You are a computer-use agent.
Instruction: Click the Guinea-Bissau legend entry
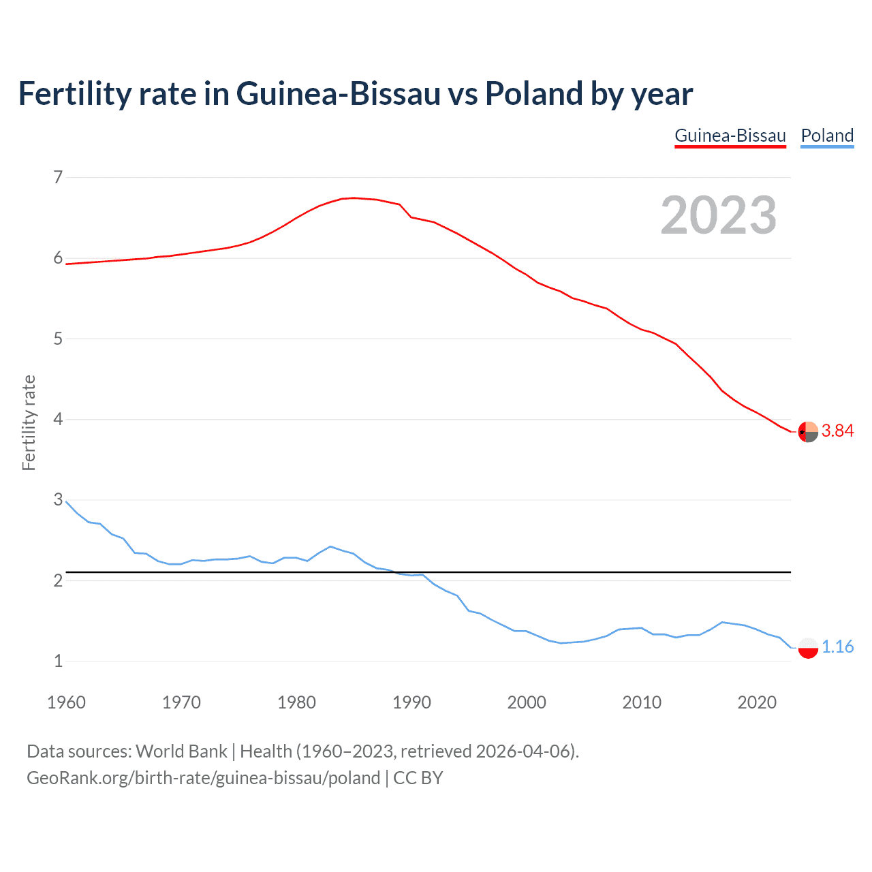pos(730,136)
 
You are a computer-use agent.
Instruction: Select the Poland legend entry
pos(827,136)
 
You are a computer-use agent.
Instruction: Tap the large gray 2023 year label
pos(719,215)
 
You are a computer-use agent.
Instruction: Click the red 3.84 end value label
pos(837,431)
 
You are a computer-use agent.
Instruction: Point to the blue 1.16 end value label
pos(837,647)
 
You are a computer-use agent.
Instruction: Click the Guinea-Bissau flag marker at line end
pos(808,432)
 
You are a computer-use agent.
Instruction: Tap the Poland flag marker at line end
pos(808,647)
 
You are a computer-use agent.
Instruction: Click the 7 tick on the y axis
pos(58,178)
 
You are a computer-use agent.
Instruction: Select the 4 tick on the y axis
pos(58,419)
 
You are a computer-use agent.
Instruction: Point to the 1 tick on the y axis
pos(58,661)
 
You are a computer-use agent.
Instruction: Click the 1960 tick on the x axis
pos(66,702)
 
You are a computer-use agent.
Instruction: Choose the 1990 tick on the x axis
pos(411,702)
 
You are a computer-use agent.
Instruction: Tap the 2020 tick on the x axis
pos(757,702)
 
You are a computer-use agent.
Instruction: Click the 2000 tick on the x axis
pos(527,702)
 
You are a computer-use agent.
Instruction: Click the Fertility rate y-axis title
pos(29,422)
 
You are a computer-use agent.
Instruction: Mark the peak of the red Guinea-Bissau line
pos(353,198)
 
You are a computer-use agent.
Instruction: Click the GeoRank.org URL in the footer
pos(203,778)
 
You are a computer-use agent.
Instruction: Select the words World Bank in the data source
pos(181,751)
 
